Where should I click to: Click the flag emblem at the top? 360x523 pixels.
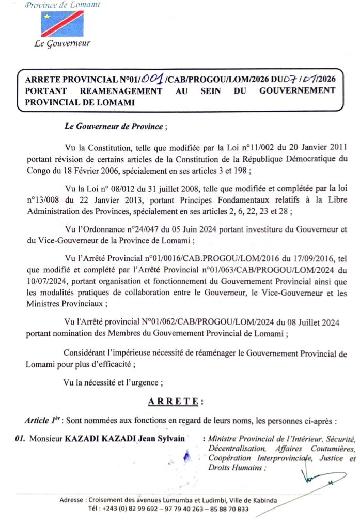pyautogui.click(x=62, y=24)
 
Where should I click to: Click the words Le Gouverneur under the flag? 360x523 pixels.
pyautogui.click(x=62, y=43)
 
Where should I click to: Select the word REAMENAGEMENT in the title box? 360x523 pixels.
pyautogui.click(x=121, y=91)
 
